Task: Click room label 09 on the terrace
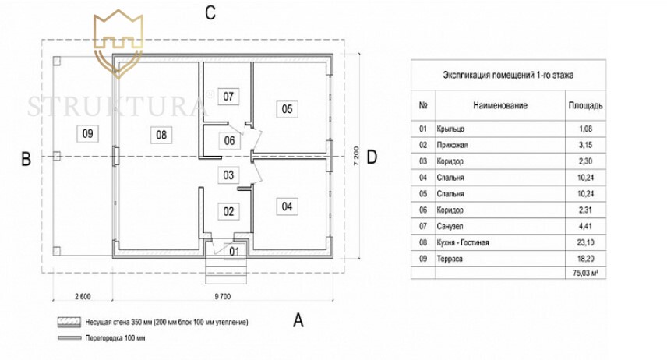coord(88,133)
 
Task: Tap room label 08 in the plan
coord(161,134)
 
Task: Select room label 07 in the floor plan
coord(228,97)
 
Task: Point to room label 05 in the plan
coord(287,109)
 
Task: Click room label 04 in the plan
coord(287,206)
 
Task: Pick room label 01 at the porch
coord(235,251)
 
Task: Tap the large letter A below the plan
coord(297,319)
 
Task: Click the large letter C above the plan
coord(210,12)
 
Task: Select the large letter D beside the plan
coord(372,157)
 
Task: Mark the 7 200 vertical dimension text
coord(356,157)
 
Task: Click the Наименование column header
coord(499,105)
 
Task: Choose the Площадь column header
coord(585,105)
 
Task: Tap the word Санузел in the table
coord(453,227)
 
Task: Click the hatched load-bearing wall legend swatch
coord(61,321)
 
